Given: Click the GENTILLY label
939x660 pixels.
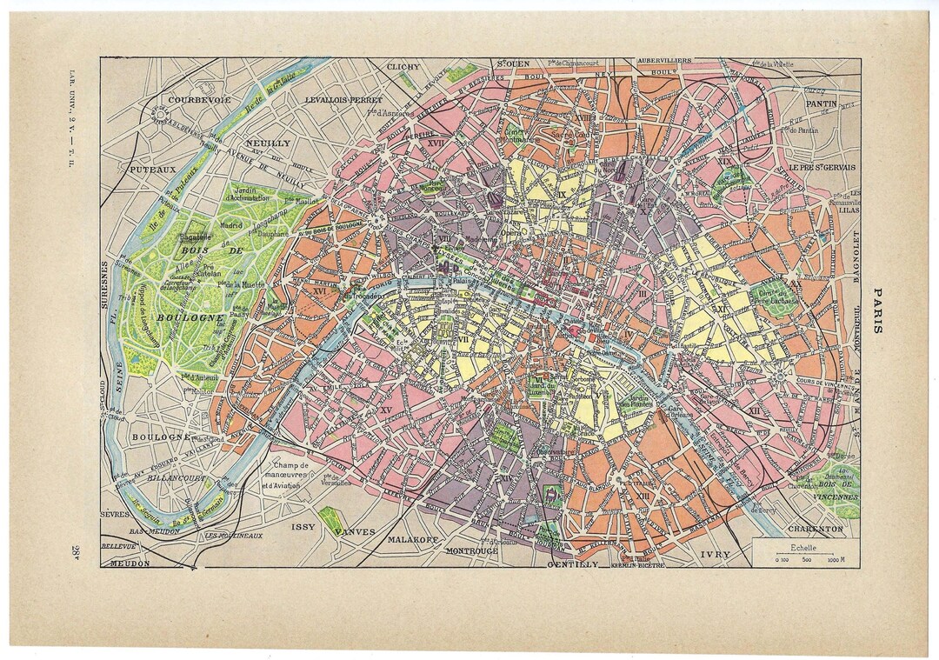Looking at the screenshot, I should click(573, 563).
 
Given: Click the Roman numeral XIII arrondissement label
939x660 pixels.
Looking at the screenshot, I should click(667, 495).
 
